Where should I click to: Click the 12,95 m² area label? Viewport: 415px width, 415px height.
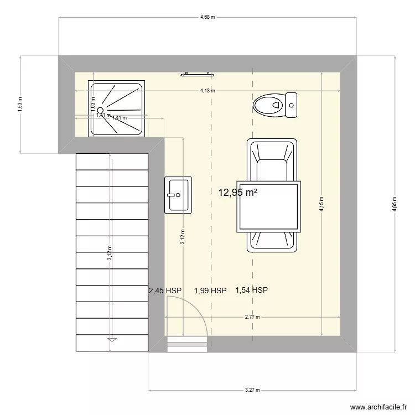click(238, 193)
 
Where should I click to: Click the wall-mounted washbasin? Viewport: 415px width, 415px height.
click(178, 195)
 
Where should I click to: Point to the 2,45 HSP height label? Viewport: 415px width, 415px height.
click(165, 290)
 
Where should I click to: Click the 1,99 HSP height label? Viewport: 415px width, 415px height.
click(210, 290)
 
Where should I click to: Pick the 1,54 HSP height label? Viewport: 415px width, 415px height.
click(252, 289)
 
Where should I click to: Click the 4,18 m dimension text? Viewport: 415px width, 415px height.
click(207, 91)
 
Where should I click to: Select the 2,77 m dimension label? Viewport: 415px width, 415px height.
click(252, 317)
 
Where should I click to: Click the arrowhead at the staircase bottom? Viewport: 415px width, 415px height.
click(112, 339)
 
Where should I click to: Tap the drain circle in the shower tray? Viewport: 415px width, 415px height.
click(100, 110)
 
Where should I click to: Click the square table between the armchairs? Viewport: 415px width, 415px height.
click(269, 207)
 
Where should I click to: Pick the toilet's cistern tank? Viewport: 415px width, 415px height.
click(292, 105)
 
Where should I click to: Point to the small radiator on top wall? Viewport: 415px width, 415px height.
click(196, 73)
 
